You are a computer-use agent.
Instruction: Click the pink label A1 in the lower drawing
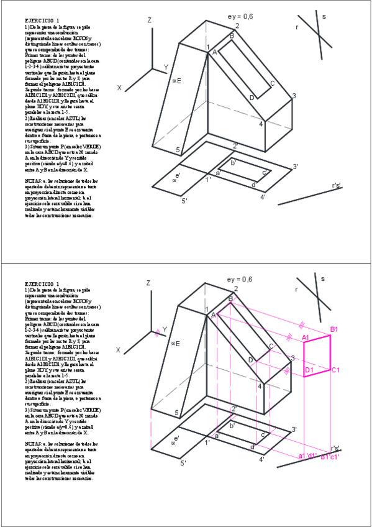click(x=306, y=337)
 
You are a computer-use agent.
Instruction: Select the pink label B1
click(x=334, y=329)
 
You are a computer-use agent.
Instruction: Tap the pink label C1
click(x=335, y=370)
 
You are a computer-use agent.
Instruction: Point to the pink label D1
click(x=309, y=370)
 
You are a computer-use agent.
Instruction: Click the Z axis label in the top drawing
click(x=149, y=21)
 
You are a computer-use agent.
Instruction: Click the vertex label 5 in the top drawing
click(x=178, y=150)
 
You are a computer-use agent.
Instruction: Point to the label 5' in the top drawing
click(x=184, y=200)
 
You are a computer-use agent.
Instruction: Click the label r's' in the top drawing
click(x=337, y=185)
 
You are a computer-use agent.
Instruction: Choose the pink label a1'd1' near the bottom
click(x=308, y=457)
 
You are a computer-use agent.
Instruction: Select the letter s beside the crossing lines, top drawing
click(x=324, y=17)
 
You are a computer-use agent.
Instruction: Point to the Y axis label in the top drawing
click(x=165, y=67)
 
